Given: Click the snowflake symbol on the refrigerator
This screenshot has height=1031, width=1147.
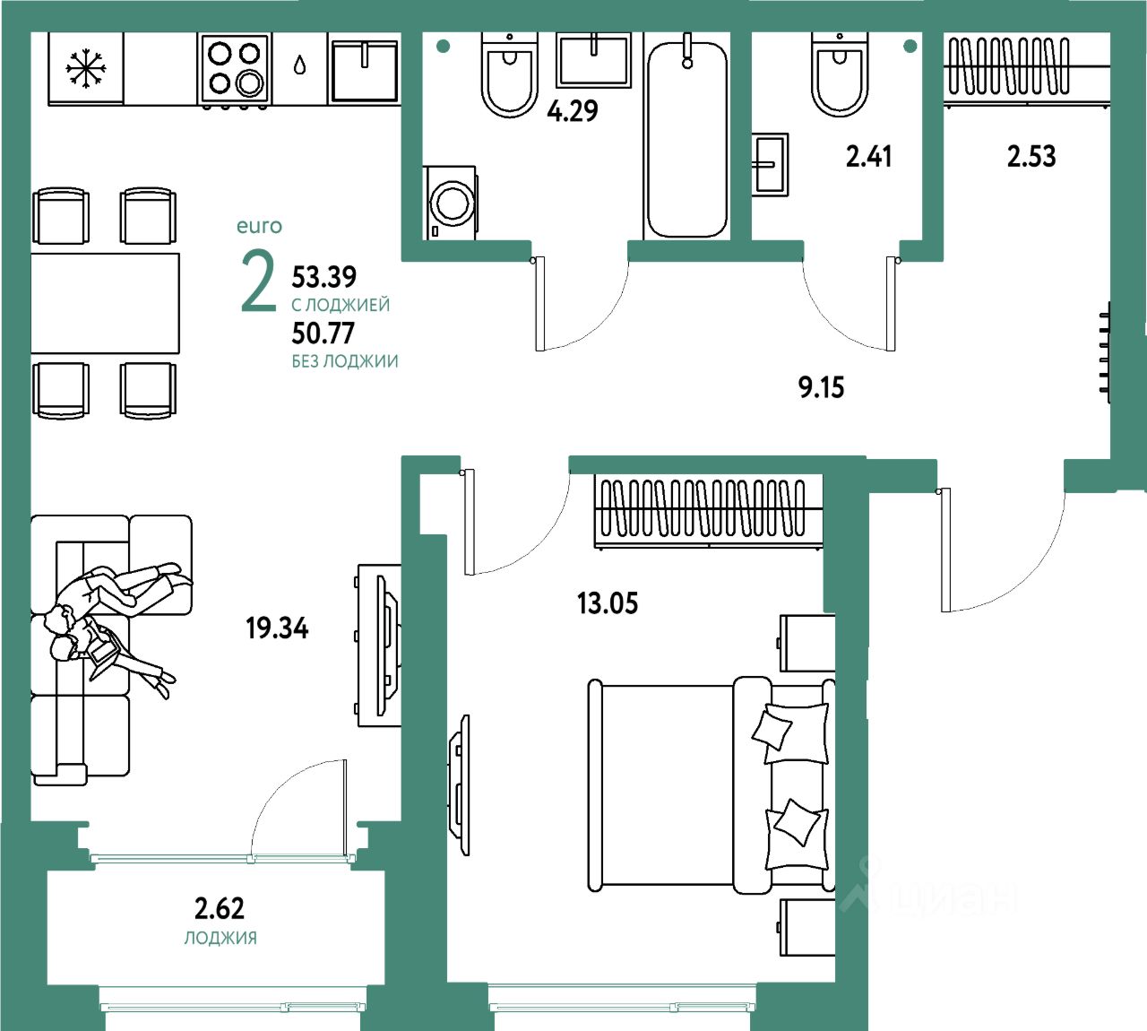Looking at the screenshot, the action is coord(85,69).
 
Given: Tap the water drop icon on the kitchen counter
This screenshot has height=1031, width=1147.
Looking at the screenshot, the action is coord(299,65).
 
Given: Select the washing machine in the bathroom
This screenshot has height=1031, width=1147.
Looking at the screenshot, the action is coord(450,203).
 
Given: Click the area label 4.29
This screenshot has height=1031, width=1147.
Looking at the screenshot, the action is coord(573,111).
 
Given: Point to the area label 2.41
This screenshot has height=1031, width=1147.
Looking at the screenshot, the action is coord(868,156).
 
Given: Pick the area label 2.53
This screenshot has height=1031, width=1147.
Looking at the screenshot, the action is coord(1031,156).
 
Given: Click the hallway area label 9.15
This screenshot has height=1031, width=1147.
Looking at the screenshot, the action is coord(821,387).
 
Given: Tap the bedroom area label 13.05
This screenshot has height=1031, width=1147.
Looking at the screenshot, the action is coord(608,602).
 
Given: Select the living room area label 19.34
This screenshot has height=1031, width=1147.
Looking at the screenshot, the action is coord(277,628).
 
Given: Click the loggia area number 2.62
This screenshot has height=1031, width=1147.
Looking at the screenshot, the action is coord(220,908).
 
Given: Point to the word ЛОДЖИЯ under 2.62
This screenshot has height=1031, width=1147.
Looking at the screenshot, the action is coord(220,938).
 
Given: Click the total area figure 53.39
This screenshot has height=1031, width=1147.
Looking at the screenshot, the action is coord(323,277).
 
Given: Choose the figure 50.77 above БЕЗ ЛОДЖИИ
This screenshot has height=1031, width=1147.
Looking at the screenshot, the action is coord(323,334).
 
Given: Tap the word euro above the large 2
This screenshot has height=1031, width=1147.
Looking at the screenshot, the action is coord(259,226).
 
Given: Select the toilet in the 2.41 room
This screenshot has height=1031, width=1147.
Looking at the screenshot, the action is coord(839,74).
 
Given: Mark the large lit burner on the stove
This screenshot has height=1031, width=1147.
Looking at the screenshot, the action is coord(249,84).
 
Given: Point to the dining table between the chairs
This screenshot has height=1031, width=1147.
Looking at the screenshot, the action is coord(106,304).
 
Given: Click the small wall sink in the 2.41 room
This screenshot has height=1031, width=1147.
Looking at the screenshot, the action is coord(770,165).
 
